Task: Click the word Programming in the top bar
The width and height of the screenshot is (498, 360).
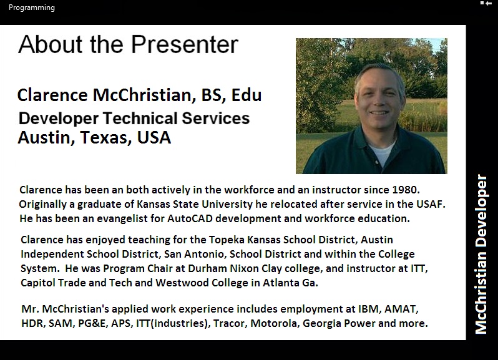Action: coord(31,7)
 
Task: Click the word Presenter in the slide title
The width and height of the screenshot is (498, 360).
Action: coord(185,44)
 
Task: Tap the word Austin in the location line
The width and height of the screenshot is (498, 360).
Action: coord(44,138)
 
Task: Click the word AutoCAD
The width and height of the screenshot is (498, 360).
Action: coord(190,218)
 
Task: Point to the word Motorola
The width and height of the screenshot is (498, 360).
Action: coord(275,323)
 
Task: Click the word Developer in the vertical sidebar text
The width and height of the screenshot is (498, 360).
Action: coord(481,211)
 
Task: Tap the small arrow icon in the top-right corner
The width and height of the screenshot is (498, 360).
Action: coord(489,3)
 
